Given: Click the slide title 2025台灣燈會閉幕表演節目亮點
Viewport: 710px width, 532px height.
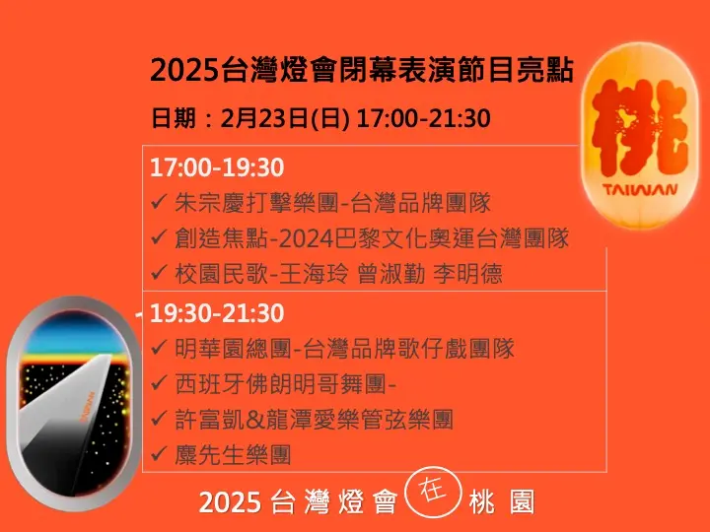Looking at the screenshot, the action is tap(362, 70).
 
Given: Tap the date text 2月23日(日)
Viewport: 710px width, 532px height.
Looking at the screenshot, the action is tap(285, 118).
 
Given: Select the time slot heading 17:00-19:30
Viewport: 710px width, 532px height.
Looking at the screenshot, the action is tap(217, 167).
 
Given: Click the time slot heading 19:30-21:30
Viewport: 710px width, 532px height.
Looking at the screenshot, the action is tap(217, 313).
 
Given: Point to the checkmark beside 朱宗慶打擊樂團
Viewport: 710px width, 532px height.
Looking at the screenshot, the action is tap(159, 201).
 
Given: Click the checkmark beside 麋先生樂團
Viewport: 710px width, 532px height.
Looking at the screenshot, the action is tap(159, 453).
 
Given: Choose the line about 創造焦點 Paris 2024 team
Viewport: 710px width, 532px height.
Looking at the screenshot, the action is tap(372, 238).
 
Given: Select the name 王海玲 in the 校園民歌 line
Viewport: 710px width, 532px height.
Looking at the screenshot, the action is tap(314, 274).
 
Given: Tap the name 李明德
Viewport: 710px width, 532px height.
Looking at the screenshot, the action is tap(467, 274).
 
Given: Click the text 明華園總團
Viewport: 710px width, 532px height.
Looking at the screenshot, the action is tap(233, 349).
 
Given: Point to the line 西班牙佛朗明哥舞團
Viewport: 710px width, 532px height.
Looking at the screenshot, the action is tap(285, 384).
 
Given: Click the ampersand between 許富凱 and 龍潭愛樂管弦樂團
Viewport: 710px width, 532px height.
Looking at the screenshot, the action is tap(255, 420).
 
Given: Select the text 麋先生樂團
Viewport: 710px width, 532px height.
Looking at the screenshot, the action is tap(233, 454).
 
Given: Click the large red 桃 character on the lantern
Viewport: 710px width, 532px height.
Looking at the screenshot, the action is tap(639, 128).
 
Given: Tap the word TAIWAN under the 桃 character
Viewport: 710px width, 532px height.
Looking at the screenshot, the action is tap(640, 189).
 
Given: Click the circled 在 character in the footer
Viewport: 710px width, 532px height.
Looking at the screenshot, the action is tap(433, 492).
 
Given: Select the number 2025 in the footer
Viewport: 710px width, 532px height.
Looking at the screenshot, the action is tap(230, 502).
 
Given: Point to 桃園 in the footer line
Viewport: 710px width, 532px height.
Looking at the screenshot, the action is tap(502, 501).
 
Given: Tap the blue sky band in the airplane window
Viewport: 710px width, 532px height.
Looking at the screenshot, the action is tap(74, 336).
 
